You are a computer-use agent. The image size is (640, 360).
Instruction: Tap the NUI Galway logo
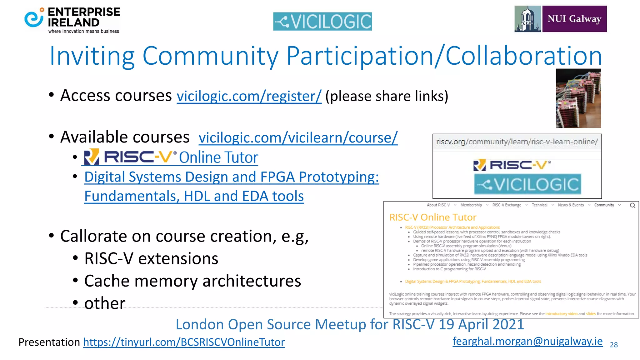561,19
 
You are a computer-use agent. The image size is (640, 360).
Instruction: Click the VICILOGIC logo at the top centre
322,22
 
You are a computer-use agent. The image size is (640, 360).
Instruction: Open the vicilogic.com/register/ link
249,96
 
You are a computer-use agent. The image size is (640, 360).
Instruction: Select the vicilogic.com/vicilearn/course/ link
298,138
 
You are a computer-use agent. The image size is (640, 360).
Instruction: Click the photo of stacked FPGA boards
578,98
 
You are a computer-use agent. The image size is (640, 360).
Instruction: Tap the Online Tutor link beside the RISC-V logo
218,157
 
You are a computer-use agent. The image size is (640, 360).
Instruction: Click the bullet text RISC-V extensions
151,259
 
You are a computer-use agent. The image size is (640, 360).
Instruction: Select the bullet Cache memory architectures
192,281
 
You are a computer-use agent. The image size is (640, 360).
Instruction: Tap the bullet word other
105,303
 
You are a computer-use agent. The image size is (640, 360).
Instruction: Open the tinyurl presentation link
184,342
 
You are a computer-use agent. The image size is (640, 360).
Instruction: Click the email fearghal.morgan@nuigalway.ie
527,341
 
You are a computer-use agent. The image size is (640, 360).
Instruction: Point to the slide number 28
614,345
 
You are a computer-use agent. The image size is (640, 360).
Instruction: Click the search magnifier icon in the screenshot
632,205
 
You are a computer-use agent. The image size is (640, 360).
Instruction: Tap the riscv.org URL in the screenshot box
517,142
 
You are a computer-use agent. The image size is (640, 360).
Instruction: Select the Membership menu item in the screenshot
471,205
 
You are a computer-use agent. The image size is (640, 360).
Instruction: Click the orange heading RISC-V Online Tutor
433,217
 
